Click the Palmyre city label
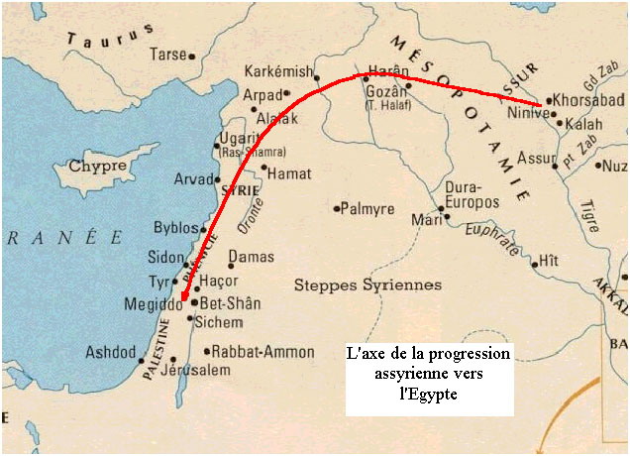click(x=369, y=210)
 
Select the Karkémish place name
click(x=277, y=72)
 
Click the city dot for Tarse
click(x=192, y=57)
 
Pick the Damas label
click(x=252, y=258)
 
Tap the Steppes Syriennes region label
click(x=367, y=285)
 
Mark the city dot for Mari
click(x=442, y=210)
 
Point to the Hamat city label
click(x=289, y=172)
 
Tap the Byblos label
click(x=176, y=228)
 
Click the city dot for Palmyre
click(x=337, y=209)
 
